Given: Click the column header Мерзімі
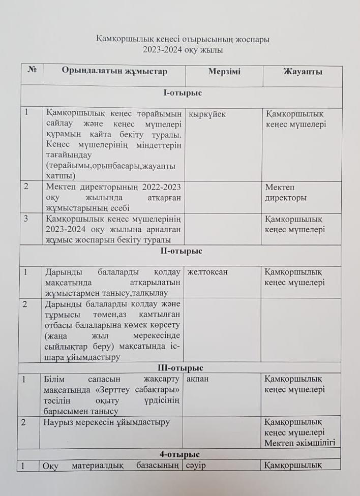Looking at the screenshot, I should (x=224, y=72).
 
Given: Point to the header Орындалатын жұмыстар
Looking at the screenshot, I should (x=114, y=71).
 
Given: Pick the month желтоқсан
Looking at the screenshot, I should (x=207, y=272).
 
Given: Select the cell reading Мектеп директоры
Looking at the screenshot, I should (x=285, y=193).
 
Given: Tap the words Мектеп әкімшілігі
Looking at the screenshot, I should (x=299, y=443).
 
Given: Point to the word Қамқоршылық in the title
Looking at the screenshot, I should (x=121, y=39).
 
